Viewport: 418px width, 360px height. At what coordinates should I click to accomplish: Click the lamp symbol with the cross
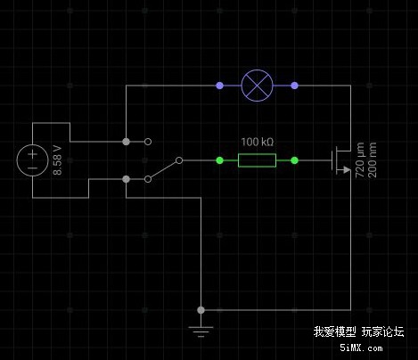[x=257, y=86]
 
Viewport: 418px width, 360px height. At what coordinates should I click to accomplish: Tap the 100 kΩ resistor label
[x=257, y=142]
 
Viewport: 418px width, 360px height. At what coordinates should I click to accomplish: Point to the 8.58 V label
[x=57, y=160]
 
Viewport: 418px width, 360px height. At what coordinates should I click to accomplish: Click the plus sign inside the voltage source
[x=33, y=154]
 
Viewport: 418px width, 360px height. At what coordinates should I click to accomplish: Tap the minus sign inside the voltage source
[x=32, y=168]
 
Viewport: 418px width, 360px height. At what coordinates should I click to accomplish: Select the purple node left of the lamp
[x=219, y=86]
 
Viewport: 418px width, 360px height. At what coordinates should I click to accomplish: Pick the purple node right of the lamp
[x=294, y=86]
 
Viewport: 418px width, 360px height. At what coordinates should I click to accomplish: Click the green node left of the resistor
[x=219, y=160]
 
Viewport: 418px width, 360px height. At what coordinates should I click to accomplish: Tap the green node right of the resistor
[x=294, y=160]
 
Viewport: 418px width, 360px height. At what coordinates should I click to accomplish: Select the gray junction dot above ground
[x=201, y=310]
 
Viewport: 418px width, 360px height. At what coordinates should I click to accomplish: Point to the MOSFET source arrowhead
[x=347, y=169]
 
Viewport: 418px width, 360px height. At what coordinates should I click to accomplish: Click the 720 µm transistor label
[x=360, y=160]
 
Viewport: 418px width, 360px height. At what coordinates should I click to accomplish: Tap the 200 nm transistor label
[x=372, y=160]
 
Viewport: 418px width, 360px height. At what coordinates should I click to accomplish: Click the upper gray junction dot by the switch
[x=126, y=142]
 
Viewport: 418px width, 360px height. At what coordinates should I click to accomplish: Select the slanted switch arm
[x=163, y=169]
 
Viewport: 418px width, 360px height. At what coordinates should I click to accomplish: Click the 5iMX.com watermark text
[x=361, y=348]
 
